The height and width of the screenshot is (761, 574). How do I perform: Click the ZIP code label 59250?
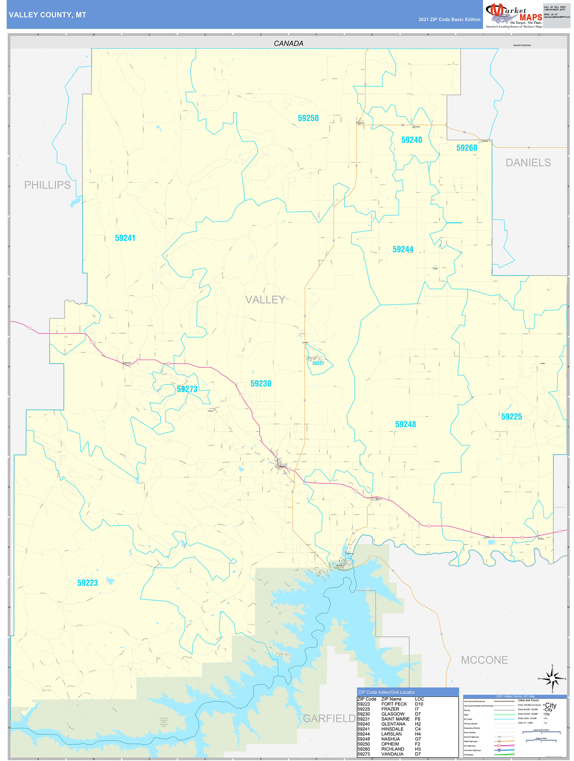pyautogui.click(x=308, y=118)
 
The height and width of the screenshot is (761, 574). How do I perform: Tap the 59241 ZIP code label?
pyautogui.click(x=125, y=238)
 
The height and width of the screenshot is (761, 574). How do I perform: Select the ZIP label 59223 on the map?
pyautogui.click(x=88, y=583)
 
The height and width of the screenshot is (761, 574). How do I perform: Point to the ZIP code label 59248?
pyautogui.click(x=405, y=424)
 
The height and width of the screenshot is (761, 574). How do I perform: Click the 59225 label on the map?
pyautogui.click(x=511, y=417)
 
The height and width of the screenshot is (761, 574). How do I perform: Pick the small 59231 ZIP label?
pyautogui.click(x=318, y=363)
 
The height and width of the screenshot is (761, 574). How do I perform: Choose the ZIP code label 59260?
pyautogui.click(x=467, y=148)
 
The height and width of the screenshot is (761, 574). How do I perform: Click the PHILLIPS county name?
pyautogui.click(x=47, y=185)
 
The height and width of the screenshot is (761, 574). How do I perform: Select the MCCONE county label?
pyautogui.click(x=484, y=660)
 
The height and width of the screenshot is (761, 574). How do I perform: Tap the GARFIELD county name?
pyautogui.click(x=329, y=719)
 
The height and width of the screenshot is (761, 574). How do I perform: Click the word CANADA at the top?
pyautogui.click(x=288, y=44)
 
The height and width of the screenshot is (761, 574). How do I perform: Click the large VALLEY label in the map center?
pyautogui.click(x=265, y=300)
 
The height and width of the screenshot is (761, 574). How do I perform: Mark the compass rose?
pyautogui.click(x=552, y=679)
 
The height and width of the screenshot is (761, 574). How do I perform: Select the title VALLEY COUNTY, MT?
pyautogui.click(x=47, y=15)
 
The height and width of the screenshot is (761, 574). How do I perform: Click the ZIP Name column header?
pyautogui.click(x=391, y=699)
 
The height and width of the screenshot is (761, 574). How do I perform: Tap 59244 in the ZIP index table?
pyautogui.click(x=364, y=734)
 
